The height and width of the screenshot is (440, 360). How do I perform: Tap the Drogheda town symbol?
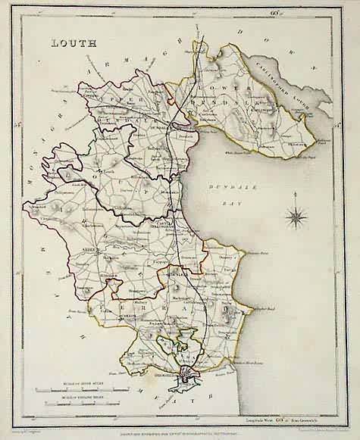(189, 373)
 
